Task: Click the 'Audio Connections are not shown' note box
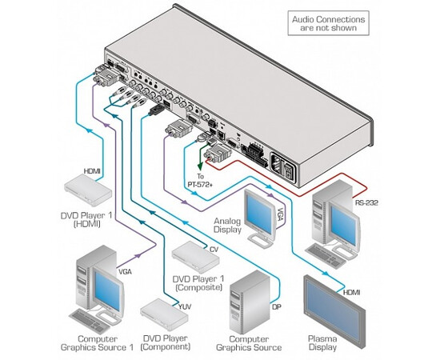pyautogui.click(x=328, y=23)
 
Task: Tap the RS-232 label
pyautogui.click(x=366, y=202)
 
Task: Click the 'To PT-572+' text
pyautogui.click(x=200, y=181)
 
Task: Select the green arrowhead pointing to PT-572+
pyautogui.click(x=200, y=167)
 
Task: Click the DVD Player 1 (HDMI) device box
pyautogui.click(x=88, y=190)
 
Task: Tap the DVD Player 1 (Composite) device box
pyautogui.click(x=195, y=257)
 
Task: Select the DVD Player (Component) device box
pyautogui.click(x=164, y=314)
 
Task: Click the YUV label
pyautogui.click(x=185, y=306)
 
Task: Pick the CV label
pyautogui.click(x=214, y=249)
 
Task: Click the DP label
pyautogui.click(x=277, y=306)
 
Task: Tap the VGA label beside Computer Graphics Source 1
pyautogui.click(x=125, y=272)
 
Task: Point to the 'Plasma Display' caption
pyautogui.click(x=322, y=342)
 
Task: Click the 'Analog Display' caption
pyautogui.click(x=227, y=226)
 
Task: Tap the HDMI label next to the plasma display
pyautogui.click(x=352, y=293)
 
